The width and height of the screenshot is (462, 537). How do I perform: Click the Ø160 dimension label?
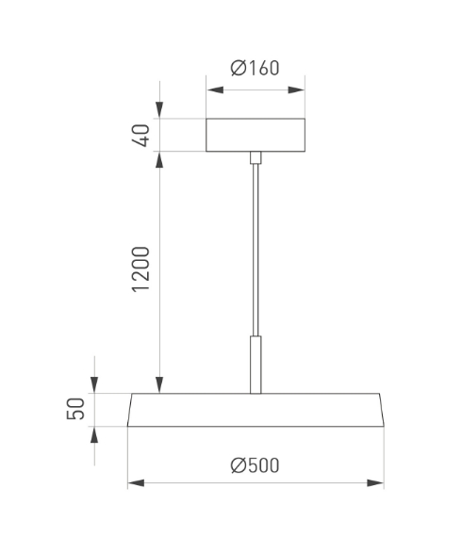pyautogui.click(x=255, y=68)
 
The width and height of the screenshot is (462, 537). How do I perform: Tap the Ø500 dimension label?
pyautogui.click(x=255, y=465)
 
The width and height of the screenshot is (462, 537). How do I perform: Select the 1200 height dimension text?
pyautogui.click(x=140, y=269)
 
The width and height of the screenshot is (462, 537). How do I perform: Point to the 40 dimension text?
pyautogui.click(x=140, y=136)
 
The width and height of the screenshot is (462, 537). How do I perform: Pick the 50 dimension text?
pyautogui.click(x=75, y=409)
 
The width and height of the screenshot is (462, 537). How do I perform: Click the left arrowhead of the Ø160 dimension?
pyautogui.click(x=215, y=90)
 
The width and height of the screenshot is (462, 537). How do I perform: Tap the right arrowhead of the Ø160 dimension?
pyautogui.click(x=296, y=90)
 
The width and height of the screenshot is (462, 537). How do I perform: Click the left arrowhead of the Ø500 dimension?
pyautogui.click(x=136, y=483)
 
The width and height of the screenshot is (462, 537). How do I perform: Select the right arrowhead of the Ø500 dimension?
pyautogui.click(x=375, y=483)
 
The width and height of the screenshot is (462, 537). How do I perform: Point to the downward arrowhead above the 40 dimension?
pyautogui.click(x=159, y=110)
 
